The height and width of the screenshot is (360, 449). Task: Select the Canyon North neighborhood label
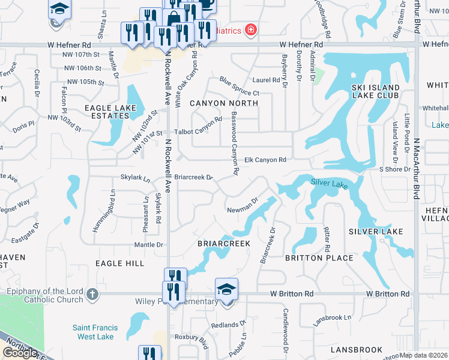(224, 103)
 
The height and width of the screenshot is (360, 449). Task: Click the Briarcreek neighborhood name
(224, 244)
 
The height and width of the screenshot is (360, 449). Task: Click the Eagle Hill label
(119, 263)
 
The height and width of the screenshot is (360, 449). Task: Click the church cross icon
(91, 294)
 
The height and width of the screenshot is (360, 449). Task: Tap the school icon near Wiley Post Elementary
(226, 290)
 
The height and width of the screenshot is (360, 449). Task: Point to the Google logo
(20, 353)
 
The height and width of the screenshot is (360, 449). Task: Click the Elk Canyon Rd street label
(265, 160)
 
